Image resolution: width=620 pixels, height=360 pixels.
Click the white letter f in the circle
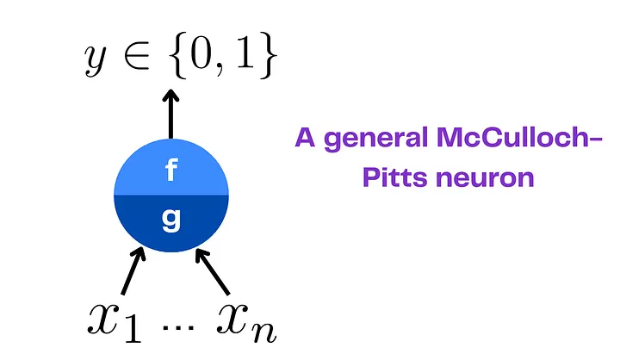tap(171, 170)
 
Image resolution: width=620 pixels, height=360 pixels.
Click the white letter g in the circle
tap(171, 220)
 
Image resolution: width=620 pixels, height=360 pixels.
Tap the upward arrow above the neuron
tap(170, 114)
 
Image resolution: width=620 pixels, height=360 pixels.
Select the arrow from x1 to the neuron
tap(133, 270)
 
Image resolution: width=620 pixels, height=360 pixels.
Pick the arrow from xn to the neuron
tap(213, 272)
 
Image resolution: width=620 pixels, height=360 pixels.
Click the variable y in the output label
tap(96, 59)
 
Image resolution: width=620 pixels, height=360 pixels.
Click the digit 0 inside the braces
tap(201, 52)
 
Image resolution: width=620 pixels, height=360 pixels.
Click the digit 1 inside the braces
tap(245, 52)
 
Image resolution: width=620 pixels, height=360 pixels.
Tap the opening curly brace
tap(179, 55)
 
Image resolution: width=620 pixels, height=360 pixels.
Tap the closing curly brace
tap(269, 55)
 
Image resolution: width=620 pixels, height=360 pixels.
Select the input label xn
tap(246, 322)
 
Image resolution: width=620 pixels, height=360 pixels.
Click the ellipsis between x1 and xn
tap(179, 327)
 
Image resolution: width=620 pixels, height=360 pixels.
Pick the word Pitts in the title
tap(395, 177)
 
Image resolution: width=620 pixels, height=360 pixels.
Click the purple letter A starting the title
tap(305, 137)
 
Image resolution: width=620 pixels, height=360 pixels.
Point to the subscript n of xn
tap(264, 332)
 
